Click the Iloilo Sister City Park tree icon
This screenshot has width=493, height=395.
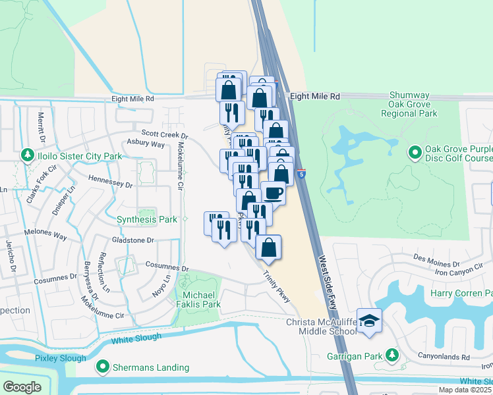27,155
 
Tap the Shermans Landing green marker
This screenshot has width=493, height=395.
103,367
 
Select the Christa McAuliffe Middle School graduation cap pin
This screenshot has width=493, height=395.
370,321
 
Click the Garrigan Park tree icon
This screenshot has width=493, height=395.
392,356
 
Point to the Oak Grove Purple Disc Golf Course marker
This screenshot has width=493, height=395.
415,153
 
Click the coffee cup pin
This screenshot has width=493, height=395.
274,193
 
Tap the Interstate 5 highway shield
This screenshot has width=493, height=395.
301,173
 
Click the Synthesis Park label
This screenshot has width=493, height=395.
146,219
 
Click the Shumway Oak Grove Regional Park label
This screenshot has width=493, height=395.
409,104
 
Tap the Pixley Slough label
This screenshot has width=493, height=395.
61,358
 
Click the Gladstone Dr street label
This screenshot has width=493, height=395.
132,240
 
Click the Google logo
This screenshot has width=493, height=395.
21,386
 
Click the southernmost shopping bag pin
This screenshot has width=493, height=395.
268,248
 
